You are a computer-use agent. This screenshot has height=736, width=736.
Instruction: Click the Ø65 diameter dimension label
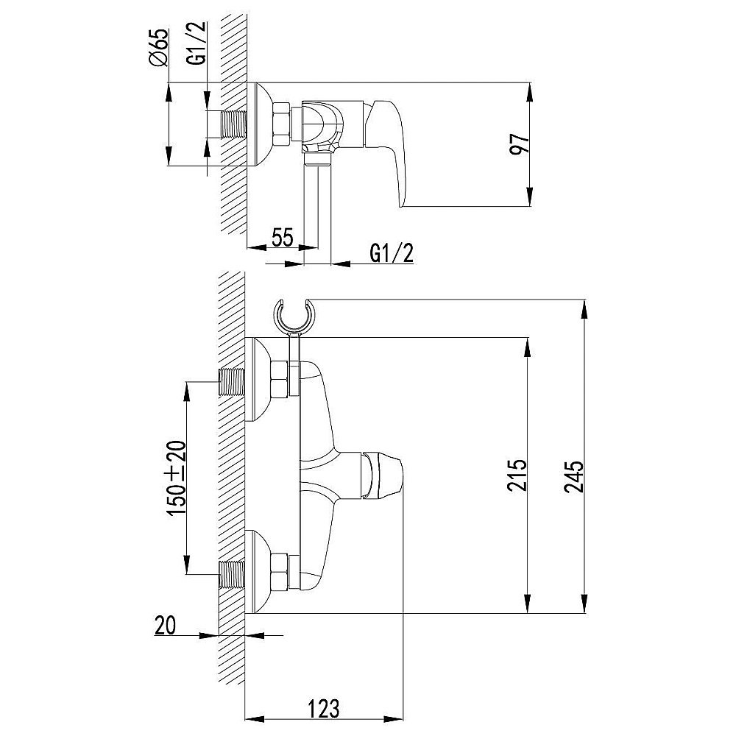click(x=159, y=47)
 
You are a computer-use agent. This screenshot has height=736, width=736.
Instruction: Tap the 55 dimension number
click(x=283, y=236)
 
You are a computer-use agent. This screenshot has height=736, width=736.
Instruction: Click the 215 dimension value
click(x=517, y=475)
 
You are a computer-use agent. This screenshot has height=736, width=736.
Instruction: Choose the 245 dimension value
click(x=573, y=477)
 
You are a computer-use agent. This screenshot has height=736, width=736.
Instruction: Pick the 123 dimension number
click(x=323, y=709)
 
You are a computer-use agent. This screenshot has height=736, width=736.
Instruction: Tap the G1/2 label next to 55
click(x=392, y=253)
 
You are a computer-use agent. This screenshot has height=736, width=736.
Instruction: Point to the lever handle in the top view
click(x=385, y=151)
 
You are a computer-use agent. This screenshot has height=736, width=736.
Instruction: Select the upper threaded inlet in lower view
click(x=233, y=382)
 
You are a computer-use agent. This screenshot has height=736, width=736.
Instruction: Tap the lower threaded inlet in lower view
click(x=233, y=575)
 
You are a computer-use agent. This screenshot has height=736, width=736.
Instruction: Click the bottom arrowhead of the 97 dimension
click(x=529, y=197)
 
